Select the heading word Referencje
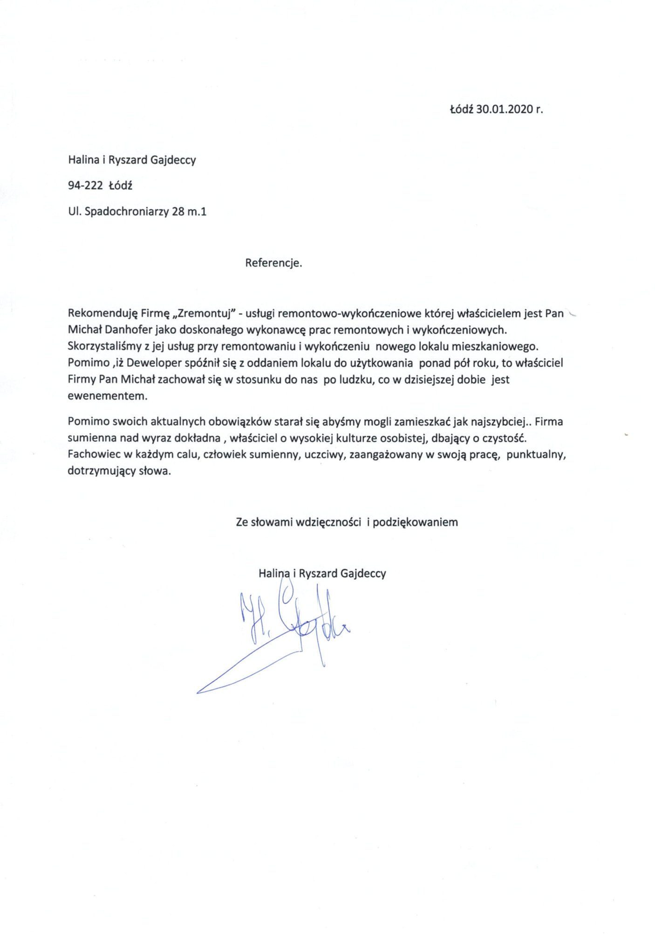tap(273, 263)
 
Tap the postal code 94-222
tap(85, 185)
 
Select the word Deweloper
tap(154, 363)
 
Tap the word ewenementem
tap(107, 396)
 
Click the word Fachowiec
tap(91, 454)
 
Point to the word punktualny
tap(536, 454)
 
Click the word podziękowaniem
tap(415, 522)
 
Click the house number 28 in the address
tap(178, 212)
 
